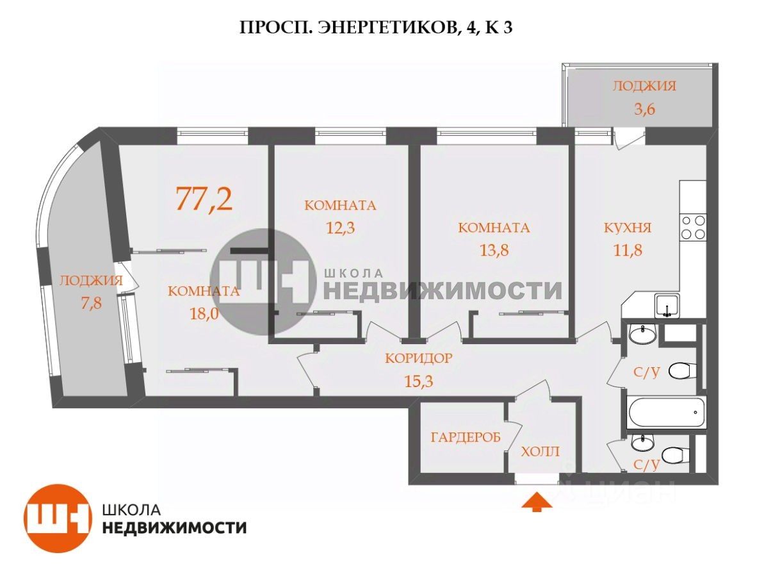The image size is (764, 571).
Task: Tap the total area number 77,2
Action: coord(204,199)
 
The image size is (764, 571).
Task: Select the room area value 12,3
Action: coord(339,226)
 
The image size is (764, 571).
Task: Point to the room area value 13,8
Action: coord(494,249)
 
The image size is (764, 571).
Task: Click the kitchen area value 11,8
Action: coord(627,249)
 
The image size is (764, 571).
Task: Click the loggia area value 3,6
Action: coord(644,108)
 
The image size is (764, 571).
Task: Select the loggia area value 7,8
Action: coord(90,302)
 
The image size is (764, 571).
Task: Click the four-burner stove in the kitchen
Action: coord(693,227)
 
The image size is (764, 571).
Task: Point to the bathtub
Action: coord(666,413)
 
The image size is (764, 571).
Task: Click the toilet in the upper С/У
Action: coord(681,370)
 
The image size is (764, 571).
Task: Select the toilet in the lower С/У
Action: coord(674,455)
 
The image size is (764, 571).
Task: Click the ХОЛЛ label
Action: coord(540,452)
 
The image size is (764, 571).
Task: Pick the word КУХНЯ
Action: coord(628,228)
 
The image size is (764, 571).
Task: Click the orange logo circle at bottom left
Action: coord(56,518)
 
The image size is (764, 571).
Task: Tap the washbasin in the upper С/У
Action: coord(641,333)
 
